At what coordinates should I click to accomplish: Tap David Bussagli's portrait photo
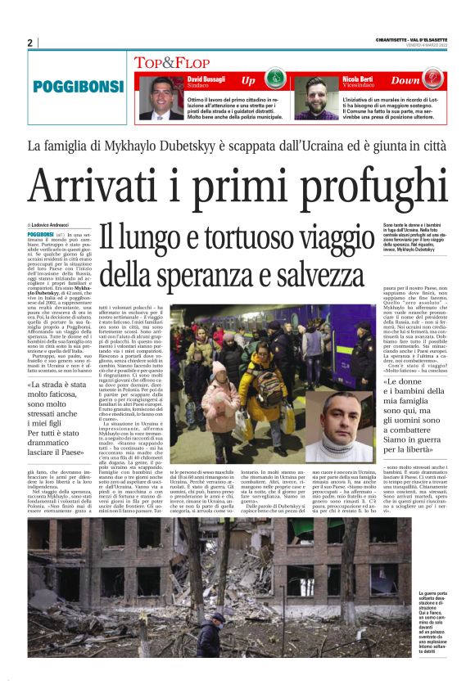click(155, 97)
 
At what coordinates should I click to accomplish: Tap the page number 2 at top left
click(29, 43)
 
